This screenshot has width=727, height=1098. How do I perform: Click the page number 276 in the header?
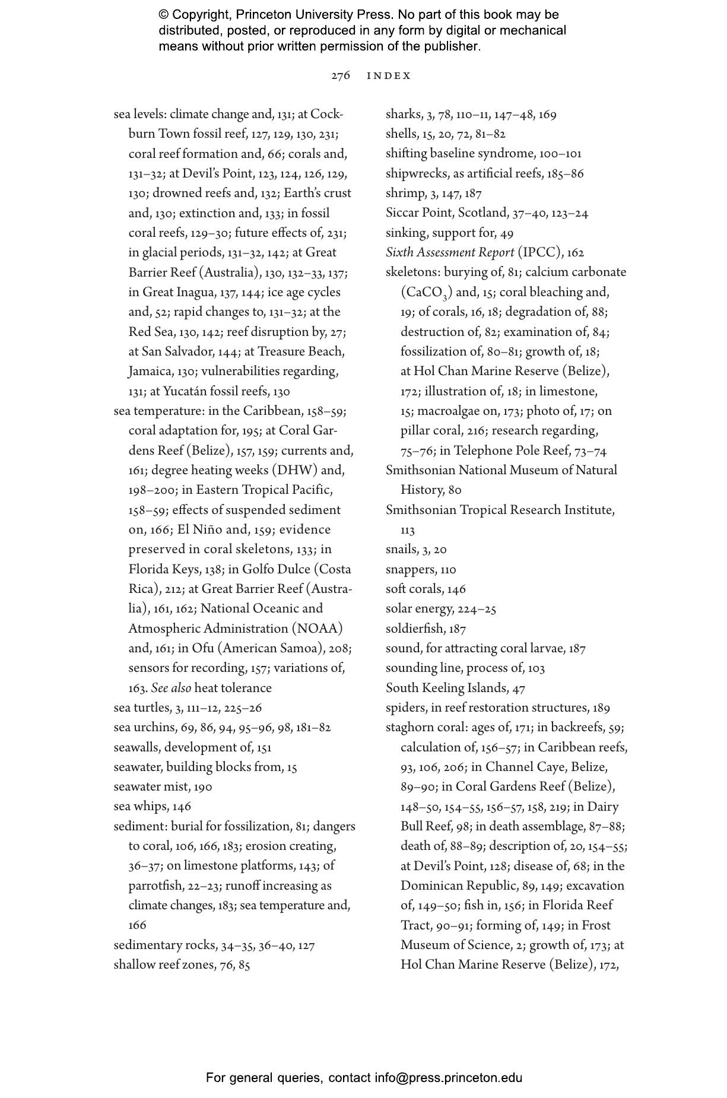pos(341,76)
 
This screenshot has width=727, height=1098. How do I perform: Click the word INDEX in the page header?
pos(389,76)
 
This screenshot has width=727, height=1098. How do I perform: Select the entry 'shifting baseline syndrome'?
pos(461,154)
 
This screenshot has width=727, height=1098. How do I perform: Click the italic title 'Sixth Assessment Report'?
pos(450,253)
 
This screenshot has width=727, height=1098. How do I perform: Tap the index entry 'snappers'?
pos(410,570)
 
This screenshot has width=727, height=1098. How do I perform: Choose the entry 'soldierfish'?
pos(414,629)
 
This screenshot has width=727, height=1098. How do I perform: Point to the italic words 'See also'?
pos(171,688)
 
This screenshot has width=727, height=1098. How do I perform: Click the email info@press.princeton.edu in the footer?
pos(448,1078)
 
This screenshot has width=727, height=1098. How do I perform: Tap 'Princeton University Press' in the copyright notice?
pos(313,14)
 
